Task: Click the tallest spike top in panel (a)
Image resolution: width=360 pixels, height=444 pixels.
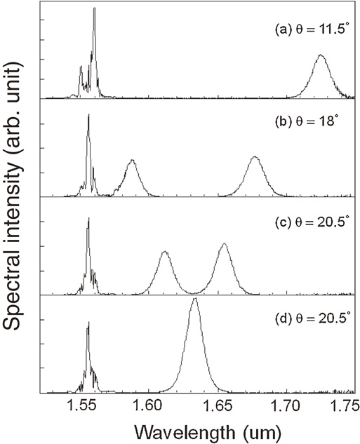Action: [94, 9]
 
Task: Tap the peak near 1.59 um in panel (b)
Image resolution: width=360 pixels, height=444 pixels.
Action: [131, 161]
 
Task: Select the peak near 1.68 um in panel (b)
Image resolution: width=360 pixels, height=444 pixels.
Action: [255, 156]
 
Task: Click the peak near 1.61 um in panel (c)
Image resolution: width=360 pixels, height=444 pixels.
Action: [164, 252]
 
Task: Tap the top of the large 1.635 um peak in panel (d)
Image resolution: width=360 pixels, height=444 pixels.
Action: [194, 298]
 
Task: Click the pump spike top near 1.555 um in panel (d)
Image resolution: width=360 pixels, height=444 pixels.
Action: [88, 323]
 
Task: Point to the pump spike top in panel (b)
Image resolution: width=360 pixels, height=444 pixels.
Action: [88, 115]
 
